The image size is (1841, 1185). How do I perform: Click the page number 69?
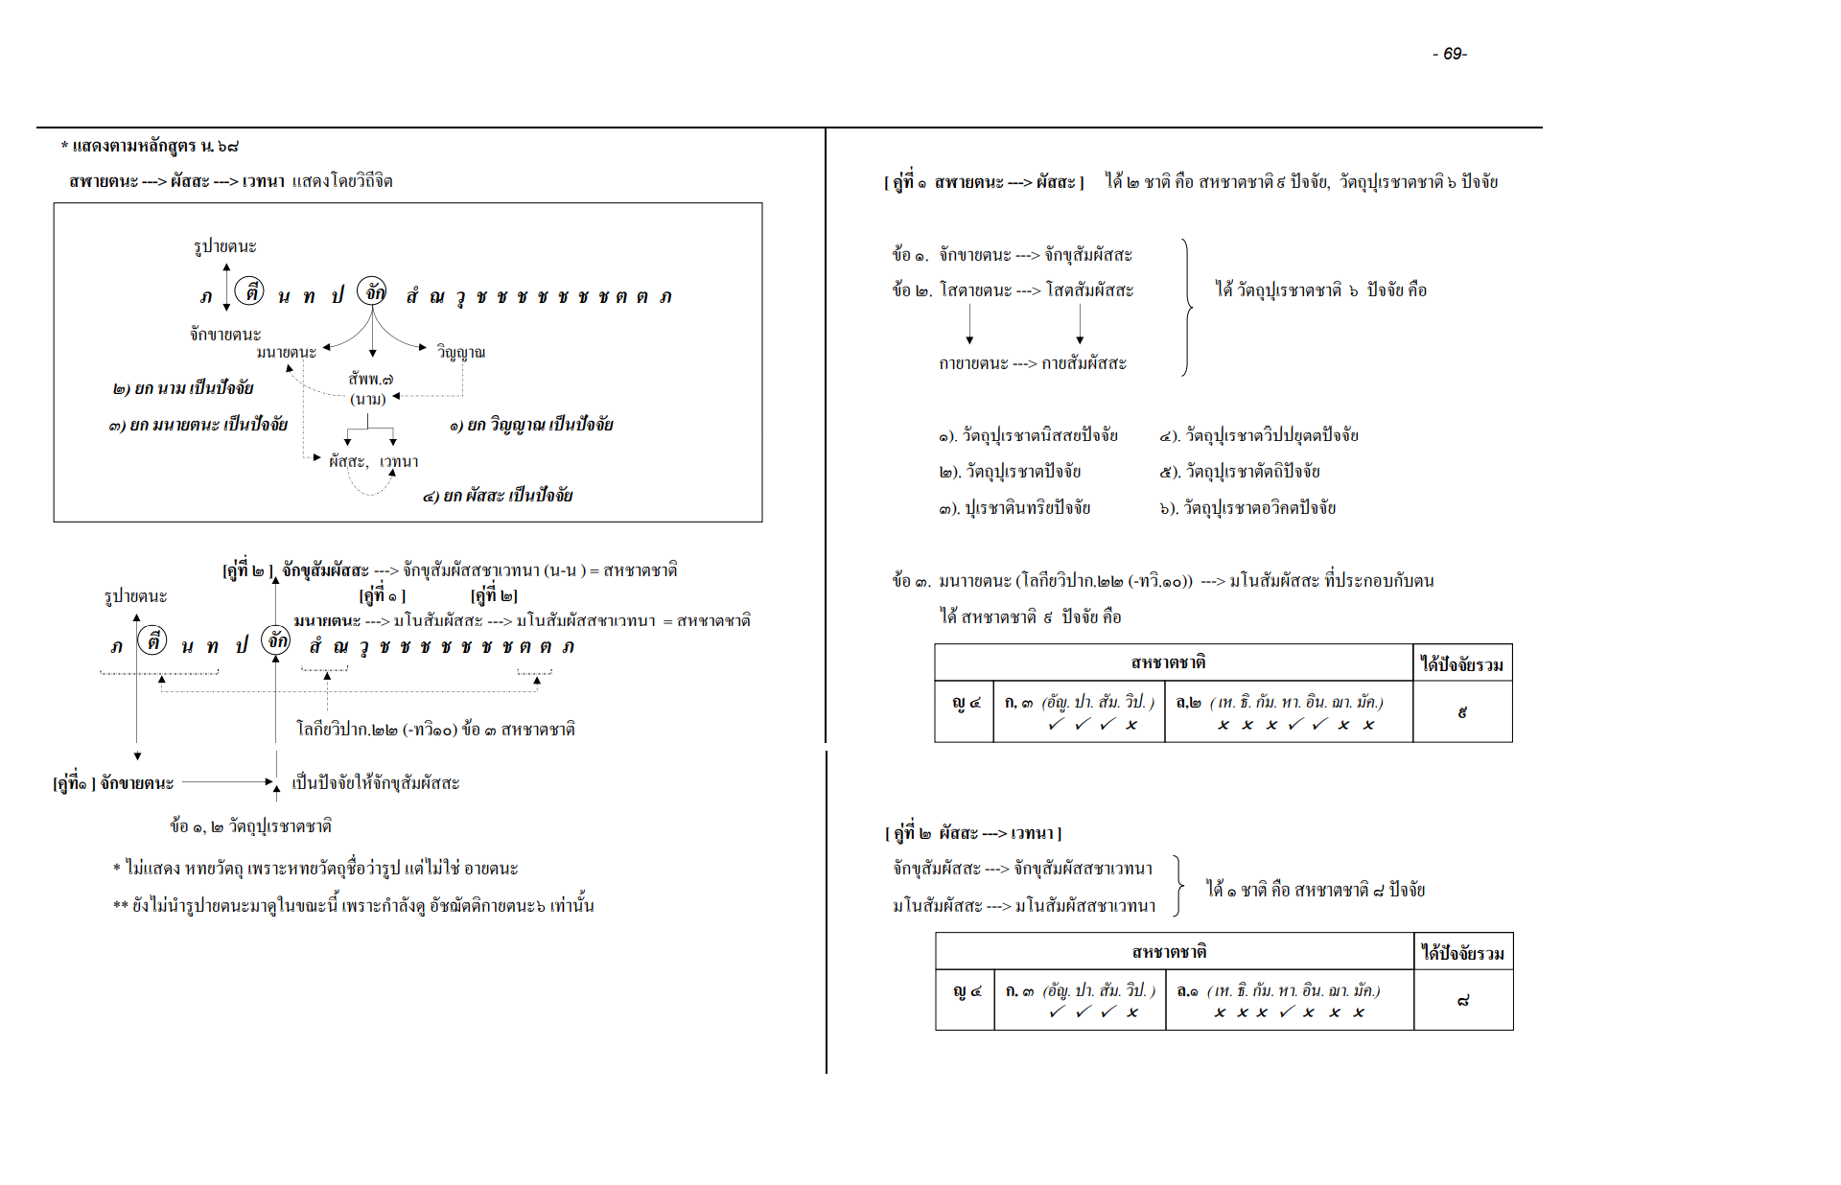(1450, 54)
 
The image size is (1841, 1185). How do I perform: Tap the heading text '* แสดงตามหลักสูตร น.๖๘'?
(150, 146)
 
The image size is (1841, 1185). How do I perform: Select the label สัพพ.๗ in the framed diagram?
(370, 379)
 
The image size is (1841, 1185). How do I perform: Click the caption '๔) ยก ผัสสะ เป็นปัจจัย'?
(497, 495)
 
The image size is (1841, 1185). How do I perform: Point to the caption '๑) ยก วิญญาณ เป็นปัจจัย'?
(530, 424)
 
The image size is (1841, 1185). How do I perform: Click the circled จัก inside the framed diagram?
(372, 291)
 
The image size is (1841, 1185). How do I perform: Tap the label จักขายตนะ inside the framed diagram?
(224, 334)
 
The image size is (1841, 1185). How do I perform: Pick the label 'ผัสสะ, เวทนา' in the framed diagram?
(373, 461)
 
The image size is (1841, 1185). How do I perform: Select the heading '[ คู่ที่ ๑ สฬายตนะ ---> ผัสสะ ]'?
(984, 181)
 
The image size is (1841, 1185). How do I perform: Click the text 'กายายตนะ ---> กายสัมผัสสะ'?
(1033, 363)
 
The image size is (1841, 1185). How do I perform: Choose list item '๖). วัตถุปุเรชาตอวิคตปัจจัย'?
(1247, 507)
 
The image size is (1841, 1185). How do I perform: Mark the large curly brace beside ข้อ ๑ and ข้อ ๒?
(1187, 307)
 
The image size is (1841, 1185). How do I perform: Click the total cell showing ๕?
(1461, 712)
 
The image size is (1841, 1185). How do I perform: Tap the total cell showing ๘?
(1462, 1001)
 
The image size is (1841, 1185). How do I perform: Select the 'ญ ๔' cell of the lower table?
(966, 991)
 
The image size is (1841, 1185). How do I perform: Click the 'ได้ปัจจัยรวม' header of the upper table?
(1461, 663)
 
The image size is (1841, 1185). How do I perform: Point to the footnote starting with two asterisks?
(353, 905)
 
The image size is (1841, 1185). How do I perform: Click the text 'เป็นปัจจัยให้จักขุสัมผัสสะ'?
(375, 782)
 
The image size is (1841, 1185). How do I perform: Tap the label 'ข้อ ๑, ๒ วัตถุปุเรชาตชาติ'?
(250, 825)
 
